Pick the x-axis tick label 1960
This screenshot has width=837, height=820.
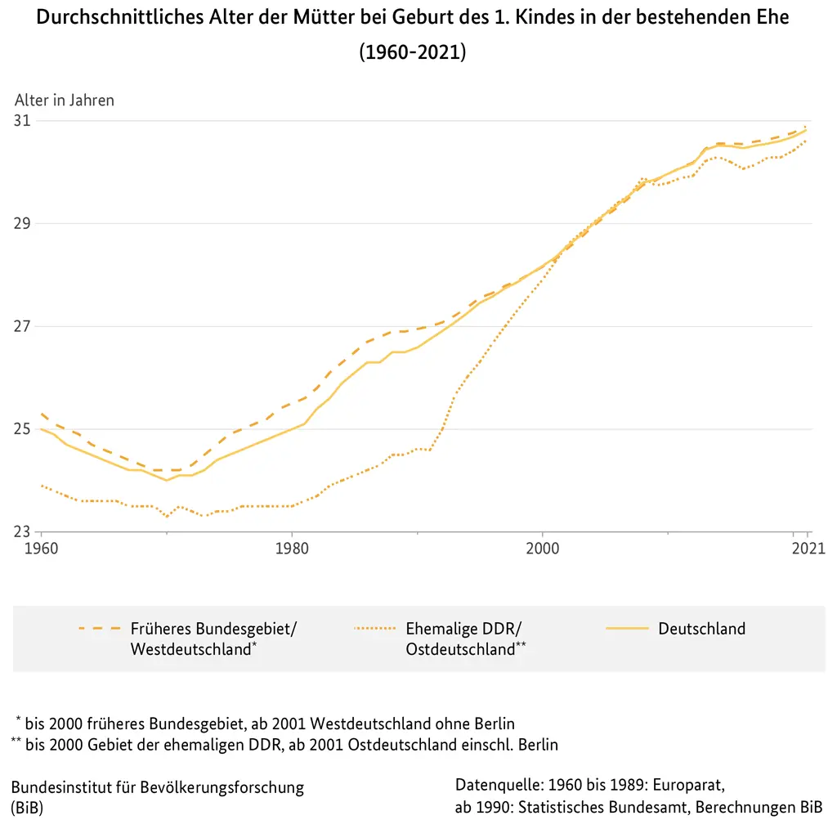[x=41, y=548]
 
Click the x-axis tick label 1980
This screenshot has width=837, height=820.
[x=292, y=548]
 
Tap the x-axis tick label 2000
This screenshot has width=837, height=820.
[x=543, y=548]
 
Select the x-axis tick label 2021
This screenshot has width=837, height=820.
[x=807, y=548]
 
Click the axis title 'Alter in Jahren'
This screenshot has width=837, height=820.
[x=65, y=101]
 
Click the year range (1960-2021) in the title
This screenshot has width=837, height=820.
[x=413, y=52]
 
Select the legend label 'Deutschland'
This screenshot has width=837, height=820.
[x=701, y=629]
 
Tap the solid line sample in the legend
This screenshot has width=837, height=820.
[x=627, y=629]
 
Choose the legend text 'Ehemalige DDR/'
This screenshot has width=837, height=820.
[x=463, y=629]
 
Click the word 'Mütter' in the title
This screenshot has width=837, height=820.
[x=332, y=17]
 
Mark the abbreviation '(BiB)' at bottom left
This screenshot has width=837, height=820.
[x=27, y=808]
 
